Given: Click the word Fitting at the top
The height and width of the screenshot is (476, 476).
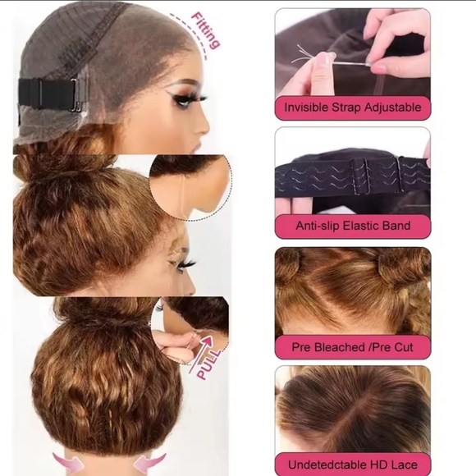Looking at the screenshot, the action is (x=205, y=30).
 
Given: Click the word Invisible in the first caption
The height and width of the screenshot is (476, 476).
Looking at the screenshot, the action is (x=306, y=108).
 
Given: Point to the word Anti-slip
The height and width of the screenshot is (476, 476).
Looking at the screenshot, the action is (x=318, y=226).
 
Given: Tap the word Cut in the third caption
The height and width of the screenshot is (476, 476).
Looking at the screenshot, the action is (x=404, y=347).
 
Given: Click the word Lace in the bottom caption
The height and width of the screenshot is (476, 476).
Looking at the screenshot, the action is (x=405, y=465).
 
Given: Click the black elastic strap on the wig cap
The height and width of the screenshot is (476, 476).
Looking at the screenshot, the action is (x=47, y=94).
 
